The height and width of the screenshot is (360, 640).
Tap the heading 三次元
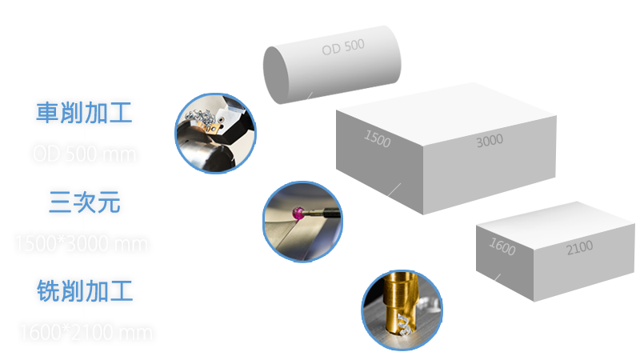[x=82, y=204]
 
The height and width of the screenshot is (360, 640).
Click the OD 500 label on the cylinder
[x=342, y=48]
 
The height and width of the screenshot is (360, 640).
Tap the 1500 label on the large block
[x=377, y=140]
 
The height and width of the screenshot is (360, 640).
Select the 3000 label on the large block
[x=489, y=141]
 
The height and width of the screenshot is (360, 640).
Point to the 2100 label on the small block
[x=579, y=247]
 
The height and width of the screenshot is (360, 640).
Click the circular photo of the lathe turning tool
[x=216, y=132]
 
